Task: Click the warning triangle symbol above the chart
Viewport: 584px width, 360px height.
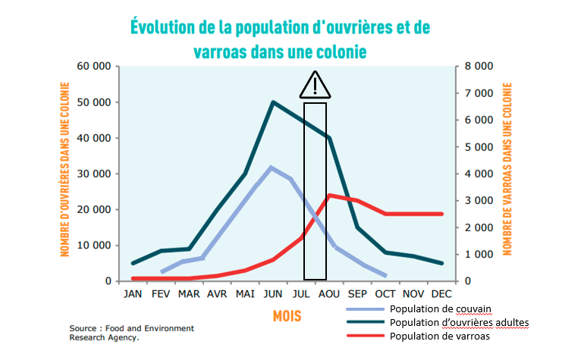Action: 315,86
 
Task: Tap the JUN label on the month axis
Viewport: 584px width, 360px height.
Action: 272,293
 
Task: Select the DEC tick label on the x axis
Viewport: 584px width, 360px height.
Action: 441,293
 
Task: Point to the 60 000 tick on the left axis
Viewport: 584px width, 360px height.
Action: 94,66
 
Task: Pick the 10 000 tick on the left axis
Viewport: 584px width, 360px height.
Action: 94,246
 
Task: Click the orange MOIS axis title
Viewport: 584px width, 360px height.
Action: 287,315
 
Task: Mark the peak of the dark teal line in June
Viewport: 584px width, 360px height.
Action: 272,102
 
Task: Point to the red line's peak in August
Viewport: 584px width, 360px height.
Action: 329,196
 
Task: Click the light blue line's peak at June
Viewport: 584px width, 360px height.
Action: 271,167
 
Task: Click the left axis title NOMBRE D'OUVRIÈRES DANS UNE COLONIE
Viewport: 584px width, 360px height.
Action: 65,174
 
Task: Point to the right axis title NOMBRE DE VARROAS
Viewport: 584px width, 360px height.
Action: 507,174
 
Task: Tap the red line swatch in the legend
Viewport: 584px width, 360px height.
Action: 365,336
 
